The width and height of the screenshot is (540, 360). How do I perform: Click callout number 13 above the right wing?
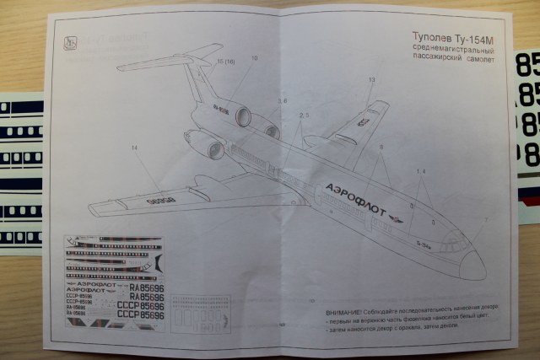[371, 80]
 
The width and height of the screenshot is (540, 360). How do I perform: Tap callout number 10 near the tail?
[254, 59]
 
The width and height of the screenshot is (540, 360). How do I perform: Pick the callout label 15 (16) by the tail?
[226, 63]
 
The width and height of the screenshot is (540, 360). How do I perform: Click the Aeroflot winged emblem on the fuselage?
[397, 220]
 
